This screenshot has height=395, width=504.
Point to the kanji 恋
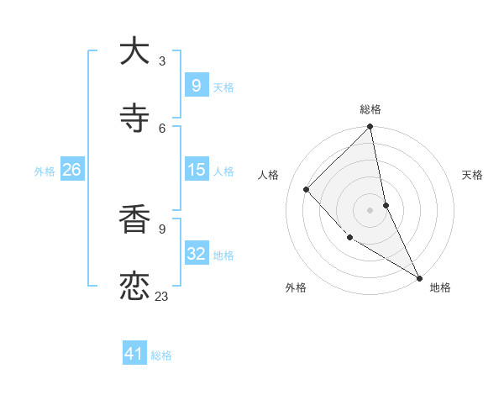click(134, 287)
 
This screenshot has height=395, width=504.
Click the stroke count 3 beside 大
click(162, 61)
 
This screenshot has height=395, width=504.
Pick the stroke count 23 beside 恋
click(162, 296)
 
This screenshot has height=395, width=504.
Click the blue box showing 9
click(196, 86)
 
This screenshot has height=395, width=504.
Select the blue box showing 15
click(196, 170)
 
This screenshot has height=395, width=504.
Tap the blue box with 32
click(196, 254)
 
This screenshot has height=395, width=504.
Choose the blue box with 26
click(71, 170)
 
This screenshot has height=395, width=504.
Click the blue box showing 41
click(134, 355)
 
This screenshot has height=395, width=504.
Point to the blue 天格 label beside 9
click(223, 87)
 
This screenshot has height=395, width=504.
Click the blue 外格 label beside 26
click(45, 171)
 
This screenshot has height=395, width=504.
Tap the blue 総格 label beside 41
click(161, 355)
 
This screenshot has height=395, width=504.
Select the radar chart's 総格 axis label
click(370, 109)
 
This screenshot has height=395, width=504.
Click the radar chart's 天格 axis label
click(473, 175)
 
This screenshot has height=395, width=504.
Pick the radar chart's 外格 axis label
click(296, 287)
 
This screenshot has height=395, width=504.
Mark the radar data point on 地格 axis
click(419, 277)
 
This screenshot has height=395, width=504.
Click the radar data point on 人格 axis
click(307, 189)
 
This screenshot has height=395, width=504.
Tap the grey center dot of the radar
click(370, 210)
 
